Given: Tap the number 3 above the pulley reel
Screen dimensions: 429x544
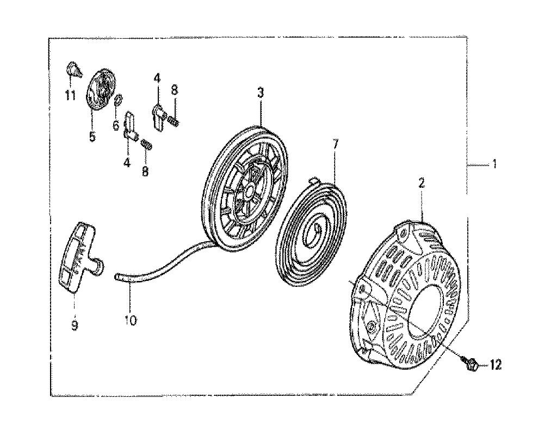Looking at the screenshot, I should click(260, 93).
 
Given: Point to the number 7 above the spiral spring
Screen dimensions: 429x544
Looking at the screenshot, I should click(335, 144).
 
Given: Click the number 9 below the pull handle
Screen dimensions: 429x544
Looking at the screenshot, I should click(75, 326).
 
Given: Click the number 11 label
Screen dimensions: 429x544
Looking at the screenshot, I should click(69, 96).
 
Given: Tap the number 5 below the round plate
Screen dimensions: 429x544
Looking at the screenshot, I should click(91, 137).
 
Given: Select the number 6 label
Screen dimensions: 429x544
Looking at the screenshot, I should click(115, 125).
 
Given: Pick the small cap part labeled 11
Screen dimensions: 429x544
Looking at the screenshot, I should click(72, 69).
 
